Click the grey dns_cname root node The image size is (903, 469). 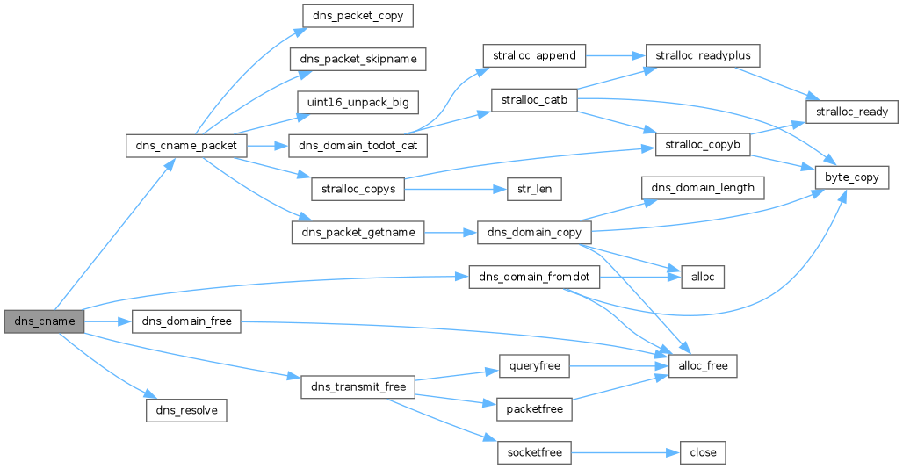[44, 321]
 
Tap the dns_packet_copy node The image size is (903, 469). [357, 16]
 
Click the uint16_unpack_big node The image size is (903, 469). [357, 102]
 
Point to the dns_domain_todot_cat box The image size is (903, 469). [357, 145]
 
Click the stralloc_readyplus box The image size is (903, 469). [702, 55]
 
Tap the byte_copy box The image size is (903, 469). [852, 177]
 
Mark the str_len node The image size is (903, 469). [532, 188]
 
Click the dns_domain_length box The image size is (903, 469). [702, 188]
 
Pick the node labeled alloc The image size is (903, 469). [702, 277]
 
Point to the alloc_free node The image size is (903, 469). [703, 365]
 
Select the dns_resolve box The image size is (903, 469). [186, 410]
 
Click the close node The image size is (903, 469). [703, 453]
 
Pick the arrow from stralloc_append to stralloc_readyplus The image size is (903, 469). [615, 55]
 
